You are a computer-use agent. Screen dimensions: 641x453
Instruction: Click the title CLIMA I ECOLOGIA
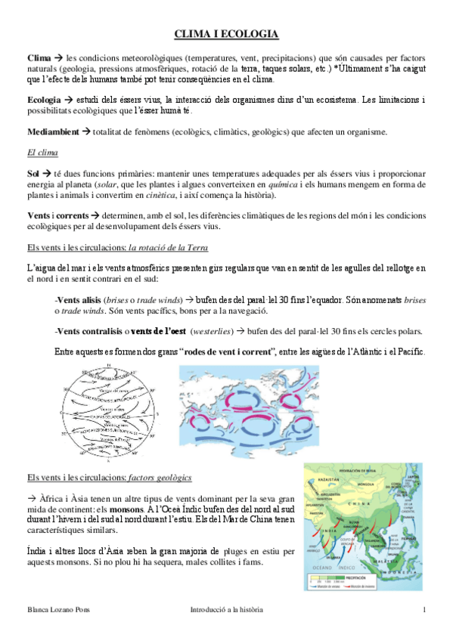pyautogui.click(x=226, y=34)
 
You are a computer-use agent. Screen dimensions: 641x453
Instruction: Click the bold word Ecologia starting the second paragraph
pyautogui.click(x=44, y=100)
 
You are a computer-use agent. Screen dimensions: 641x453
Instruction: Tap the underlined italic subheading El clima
pyautogui.click(x=42, y=153)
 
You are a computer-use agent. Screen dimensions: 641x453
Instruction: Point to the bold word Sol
pyautogui.click(x=34, y=173)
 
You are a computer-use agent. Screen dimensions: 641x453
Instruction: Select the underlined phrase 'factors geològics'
pyautogui.click(x=160, y=478)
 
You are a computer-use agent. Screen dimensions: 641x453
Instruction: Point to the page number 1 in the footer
pyautogui.click(x=424, y=610)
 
